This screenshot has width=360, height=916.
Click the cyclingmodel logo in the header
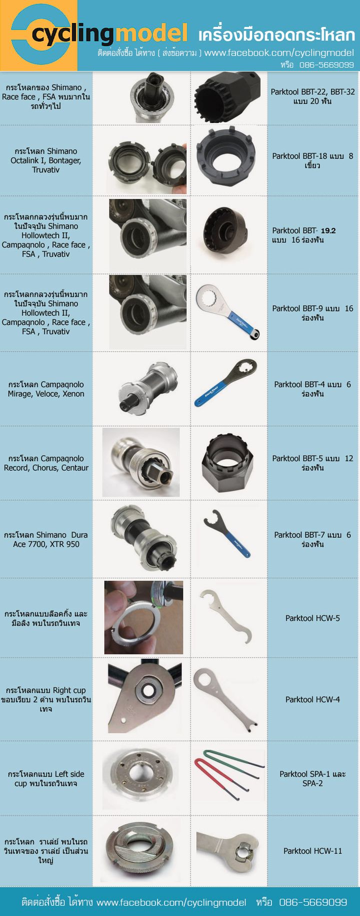coord(99,34)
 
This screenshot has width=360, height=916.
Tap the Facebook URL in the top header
coord(279,53)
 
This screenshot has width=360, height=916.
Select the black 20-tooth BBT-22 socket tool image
coord(228,98)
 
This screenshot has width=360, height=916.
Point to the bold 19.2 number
coord(328,231)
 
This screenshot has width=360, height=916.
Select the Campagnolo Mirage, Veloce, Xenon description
coord(46,389)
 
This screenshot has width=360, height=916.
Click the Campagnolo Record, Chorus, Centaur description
coord(46,463)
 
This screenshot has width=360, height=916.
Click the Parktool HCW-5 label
coord(312,618)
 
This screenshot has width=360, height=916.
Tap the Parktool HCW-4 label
coord(312,699)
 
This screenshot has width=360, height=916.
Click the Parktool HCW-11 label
coord(312,850)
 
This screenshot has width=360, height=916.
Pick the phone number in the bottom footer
coord(313,902)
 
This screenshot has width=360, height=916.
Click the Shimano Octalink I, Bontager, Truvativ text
coord(46,161)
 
